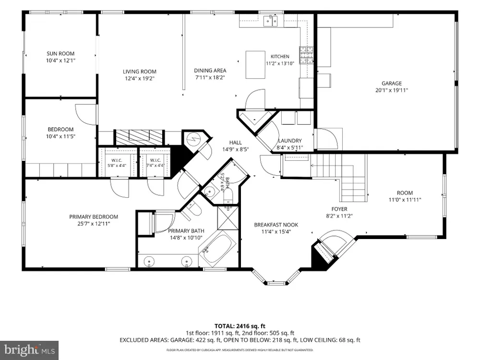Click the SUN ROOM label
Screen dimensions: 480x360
(x=60, y=54)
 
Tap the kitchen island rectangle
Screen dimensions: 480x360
(x=255, y=65)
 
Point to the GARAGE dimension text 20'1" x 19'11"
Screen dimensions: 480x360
(x=392, y=90)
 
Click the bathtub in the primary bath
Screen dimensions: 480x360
(x=217, y=249)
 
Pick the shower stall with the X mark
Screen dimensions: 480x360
(x=228, y=217)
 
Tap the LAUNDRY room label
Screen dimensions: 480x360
(x=290, y=141)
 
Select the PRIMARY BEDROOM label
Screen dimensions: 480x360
(x=94, y=217)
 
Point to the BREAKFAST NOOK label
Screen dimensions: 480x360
(x=276, y=225)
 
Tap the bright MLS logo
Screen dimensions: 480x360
(x=29, y=349)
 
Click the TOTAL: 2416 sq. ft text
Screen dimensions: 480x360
(x=240, y=326)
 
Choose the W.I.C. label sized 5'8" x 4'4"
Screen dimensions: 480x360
(x=117, y=163)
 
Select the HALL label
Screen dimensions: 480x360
(x=235, y=143)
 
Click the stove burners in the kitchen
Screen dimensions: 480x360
(x=306, y=55)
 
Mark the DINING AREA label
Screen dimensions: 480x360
(x=210, y=71)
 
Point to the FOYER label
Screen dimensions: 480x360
(x=339, y=209)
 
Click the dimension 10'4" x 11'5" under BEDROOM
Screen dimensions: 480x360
(x=60, y=136)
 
